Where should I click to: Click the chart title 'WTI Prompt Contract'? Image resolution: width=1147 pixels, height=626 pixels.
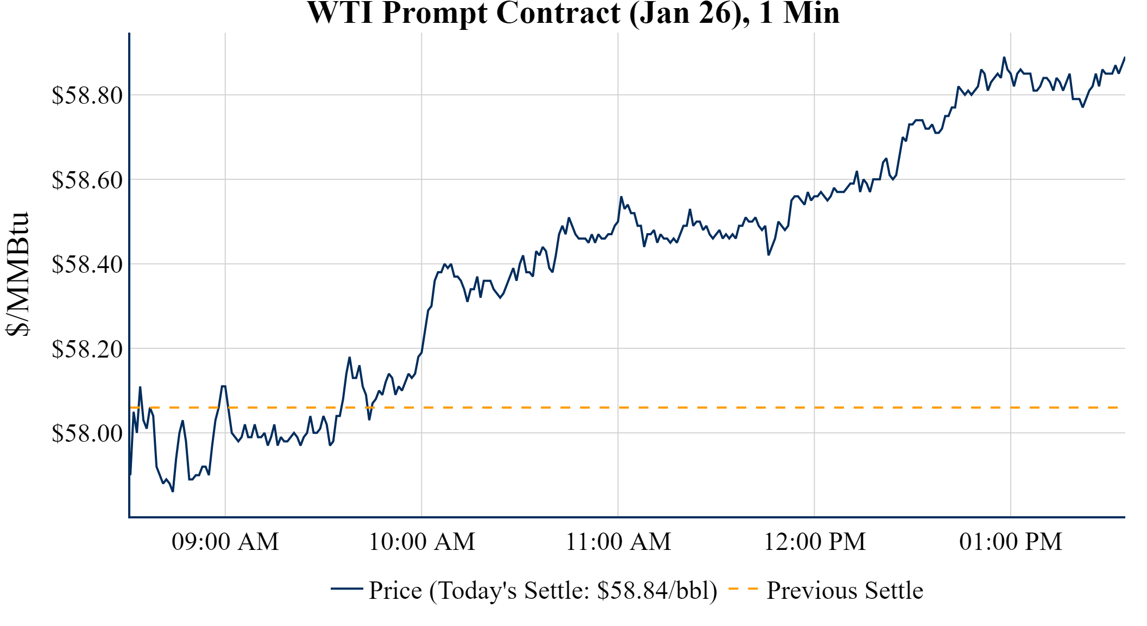573,13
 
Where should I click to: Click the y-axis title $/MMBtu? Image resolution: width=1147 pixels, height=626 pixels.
17,274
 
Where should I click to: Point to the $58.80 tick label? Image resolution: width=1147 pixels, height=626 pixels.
87,96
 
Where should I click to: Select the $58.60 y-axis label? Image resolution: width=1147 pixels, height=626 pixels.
87,180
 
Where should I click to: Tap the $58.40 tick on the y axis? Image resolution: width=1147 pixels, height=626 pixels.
87,265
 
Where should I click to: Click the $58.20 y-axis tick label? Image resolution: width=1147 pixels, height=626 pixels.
87,349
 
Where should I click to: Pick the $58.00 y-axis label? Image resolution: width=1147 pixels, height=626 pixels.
87,434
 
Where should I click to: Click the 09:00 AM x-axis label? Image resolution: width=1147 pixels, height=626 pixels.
225,542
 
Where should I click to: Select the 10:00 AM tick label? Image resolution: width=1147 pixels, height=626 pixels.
422,542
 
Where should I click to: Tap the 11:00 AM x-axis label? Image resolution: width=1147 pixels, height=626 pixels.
619,542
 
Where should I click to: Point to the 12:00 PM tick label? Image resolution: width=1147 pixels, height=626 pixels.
815,542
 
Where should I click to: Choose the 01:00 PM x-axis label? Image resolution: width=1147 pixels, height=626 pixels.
1011,542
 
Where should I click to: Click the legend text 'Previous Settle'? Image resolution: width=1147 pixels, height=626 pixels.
845,591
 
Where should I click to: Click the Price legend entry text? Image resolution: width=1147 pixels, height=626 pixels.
543,591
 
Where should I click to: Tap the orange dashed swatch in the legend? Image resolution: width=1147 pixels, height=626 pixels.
742,589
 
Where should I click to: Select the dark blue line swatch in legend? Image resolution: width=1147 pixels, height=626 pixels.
346,589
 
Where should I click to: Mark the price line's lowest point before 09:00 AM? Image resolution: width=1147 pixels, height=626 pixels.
173,491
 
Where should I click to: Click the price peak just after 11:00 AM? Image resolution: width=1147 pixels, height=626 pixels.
621,197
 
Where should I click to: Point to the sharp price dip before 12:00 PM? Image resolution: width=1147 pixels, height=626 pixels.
768,254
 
